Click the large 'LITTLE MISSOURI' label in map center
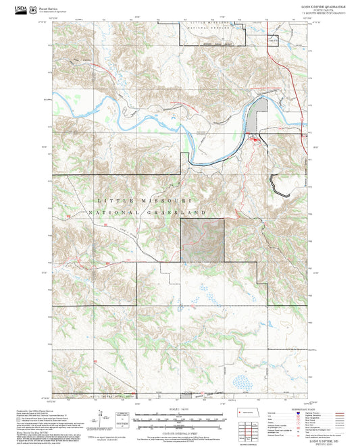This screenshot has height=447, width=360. pyautogui.click(x=146, y=201)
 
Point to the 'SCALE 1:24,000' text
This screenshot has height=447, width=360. pyautogui.click(x=180, y=409)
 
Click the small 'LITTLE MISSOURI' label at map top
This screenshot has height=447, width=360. pyautogui.click(x=209, y=24)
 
